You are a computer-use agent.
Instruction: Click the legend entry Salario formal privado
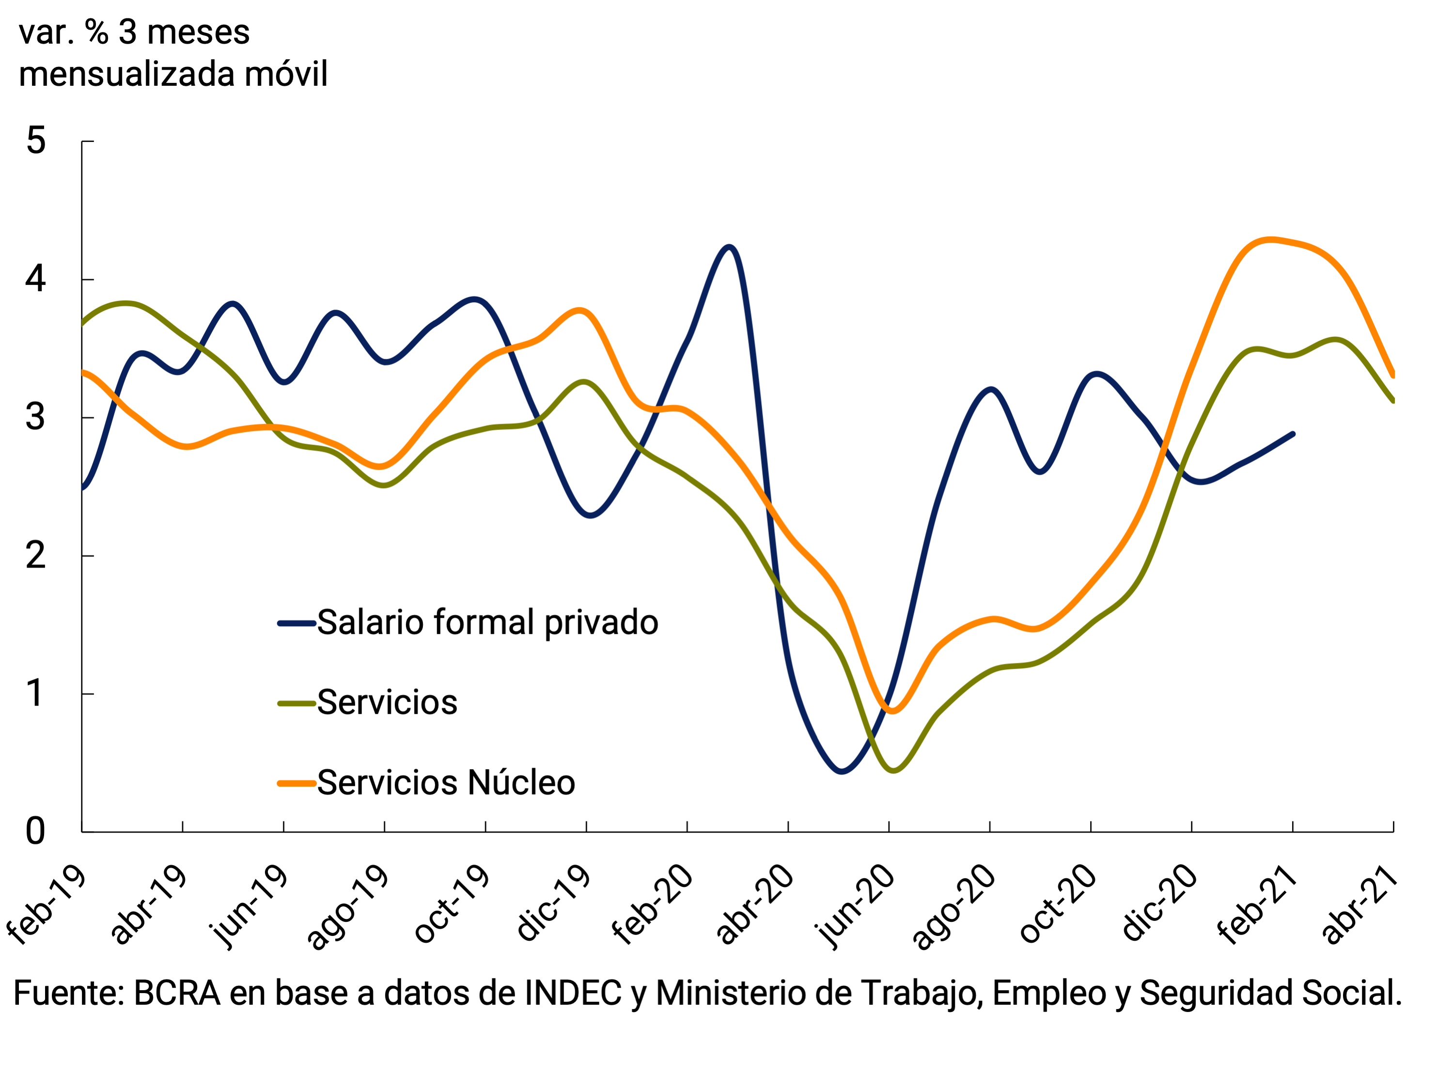(487, 622)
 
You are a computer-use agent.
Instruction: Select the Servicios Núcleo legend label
(446, 783)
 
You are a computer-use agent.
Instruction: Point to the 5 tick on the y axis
(36, 141)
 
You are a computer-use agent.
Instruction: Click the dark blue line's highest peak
(729, 247)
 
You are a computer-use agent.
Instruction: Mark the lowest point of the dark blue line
(842, 772)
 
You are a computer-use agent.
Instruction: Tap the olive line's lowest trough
(893, 770)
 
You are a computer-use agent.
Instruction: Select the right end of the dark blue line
(1293, 434)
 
